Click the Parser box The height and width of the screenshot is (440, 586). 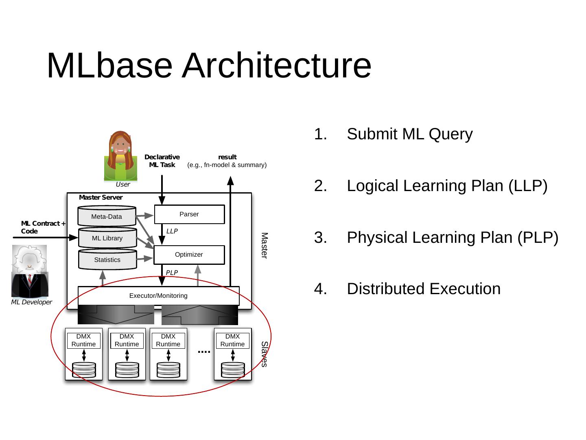click(x=189, y=214)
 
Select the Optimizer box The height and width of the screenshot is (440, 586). click(x=189, y=255)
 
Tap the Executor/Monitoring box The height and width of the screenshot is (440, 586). click(x=158, y=296)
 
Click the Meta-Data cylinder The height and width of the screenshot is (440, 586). click(x=107, y=217)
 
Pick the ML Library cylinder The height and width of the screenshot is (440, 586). click(x=107, y=238)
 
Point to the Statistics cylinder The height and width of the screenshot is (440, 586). click(x=107, y=260)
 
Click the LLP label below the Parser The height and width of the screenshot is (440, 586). click(x=172, y=231)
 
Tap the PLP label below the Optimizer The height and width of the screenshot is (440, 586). click(x=172, y=273)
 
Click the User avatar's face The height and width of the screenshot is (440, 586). click(x=121, y=145)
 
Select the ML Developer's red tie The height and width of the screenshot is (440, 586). click(x=30, y=281)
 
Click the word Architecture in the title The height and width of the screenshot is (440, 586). click(x=276, y=66)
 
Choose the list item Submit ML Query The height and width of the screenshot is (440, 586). click(x=409, y=134)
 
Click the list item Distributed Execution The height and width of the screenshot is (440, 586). click(x=423, y=289)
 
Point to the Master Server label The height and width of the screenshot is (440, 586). click(x=101, y=198)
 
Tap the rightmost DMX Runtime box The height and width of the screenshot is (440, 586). click(x=232, y=340)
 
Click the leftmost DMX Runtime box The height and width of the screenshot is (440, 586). click(x=83, y=340)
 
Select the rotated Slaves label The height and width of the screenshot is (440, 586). click(x=265, y=354)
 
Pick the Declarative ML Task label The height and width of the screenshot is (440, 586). click(x=162, y=161)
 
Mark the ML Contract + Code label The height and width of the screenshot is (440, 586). click(x=43, y=227)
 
